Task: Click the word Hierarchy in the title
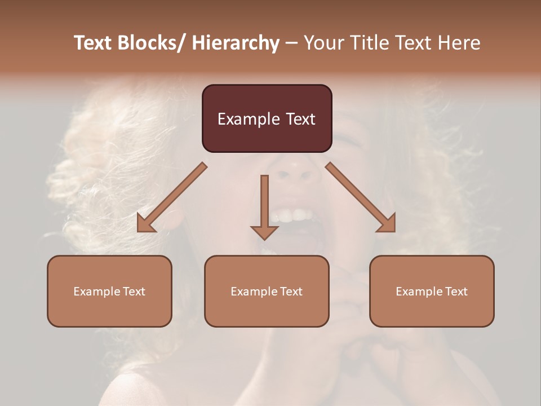pos(236,43)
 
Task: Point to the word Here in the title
pos(459,43)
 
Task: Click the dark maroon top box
pos(267,118)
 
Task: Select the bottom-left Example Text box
pos(109,291)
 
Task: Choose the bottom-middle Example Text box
pos(267,291)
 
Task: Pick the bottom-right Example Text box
pos(432,291)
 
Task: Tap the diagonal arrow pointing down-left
pos(172,197)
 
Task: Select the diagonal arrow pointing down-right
pos(361,197)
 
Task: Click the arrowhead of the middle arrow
pos(264,232)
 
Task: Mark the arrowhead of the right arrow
pos(387,223)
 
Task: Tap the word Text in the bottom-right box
pos(456,291)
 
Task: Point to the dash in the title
pos(291,43)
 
